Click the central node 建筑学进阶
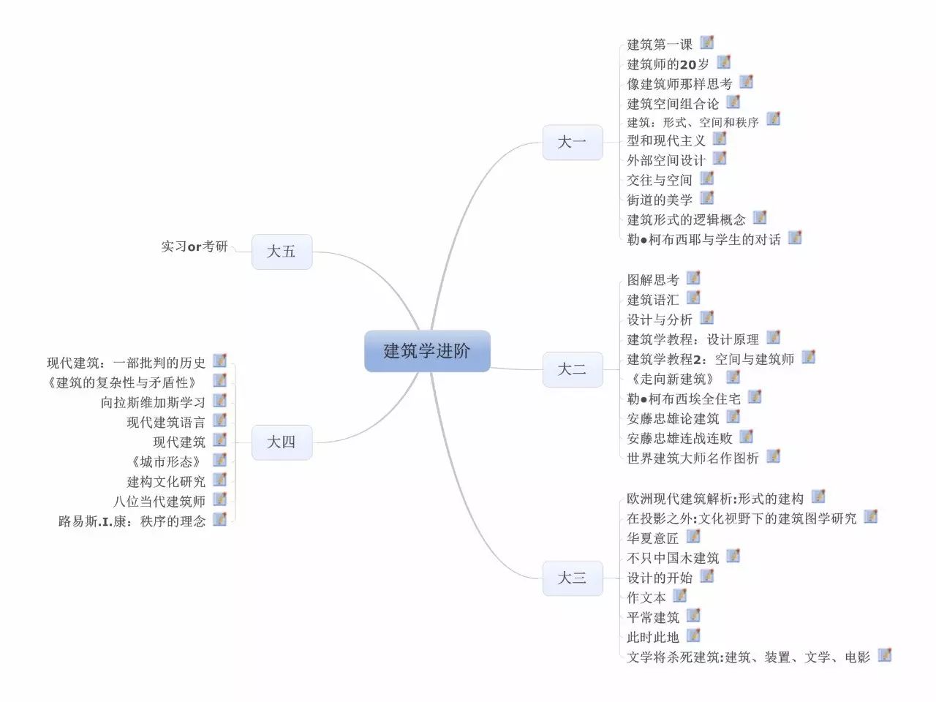(x=427, y=351)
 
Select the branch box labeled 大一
(x=573, y=143)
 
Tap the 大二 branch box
(x=573, y=369)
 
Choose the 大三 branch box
(x=573, y=578)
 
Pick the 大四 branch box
(x=282, y=442)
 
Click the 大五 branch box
(x=282, y=252)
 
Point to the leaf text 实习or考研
(x=195, y=246)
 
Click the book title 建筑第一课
(x=660, y=45)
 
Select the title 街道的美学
(x=660, y=200)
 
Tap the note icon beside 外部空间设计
(x=720, y=158)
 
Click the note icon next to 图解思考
(x=693, y=277)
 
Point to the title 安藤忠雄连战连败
(x=680, y=438)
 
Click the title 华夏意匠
(x=653, y=538)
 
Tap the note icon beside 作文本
(x=680, y=595)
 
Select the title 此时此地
(x=653, y=637)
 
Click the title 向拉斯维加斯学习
(x=153, y=402)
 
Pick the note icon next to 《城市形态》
(x=219, y=459)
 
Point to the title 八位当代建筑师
(x=159, y=501)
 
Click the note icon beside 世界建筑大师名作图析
(x=773, y=456)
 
